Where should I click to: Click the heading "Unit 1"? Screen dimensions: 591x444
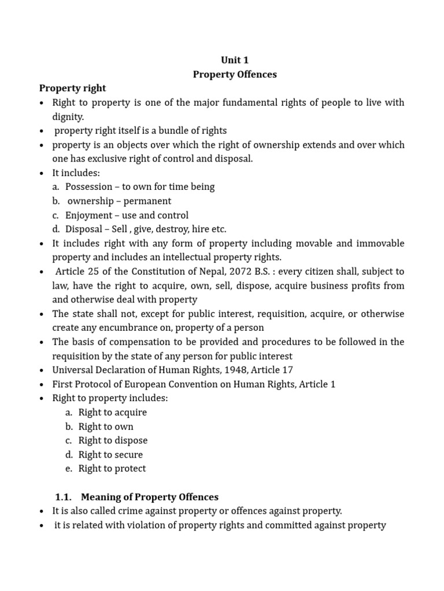coord(235,60)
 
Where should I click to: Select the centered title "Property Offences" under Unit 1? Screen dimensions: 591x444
coord(235,74)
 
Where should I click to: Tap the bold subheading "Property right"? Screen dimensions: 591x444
coord(72,88)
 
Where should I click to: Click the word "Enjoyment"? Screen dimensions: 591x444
coord(88,215)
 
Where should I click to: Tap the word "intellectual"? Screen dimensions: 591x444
coord(163,257)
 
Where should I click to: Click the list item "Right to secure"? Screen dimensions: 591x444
coord(110,454)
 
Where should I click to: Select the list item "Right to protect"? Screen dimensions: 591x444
coord(112,468)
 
